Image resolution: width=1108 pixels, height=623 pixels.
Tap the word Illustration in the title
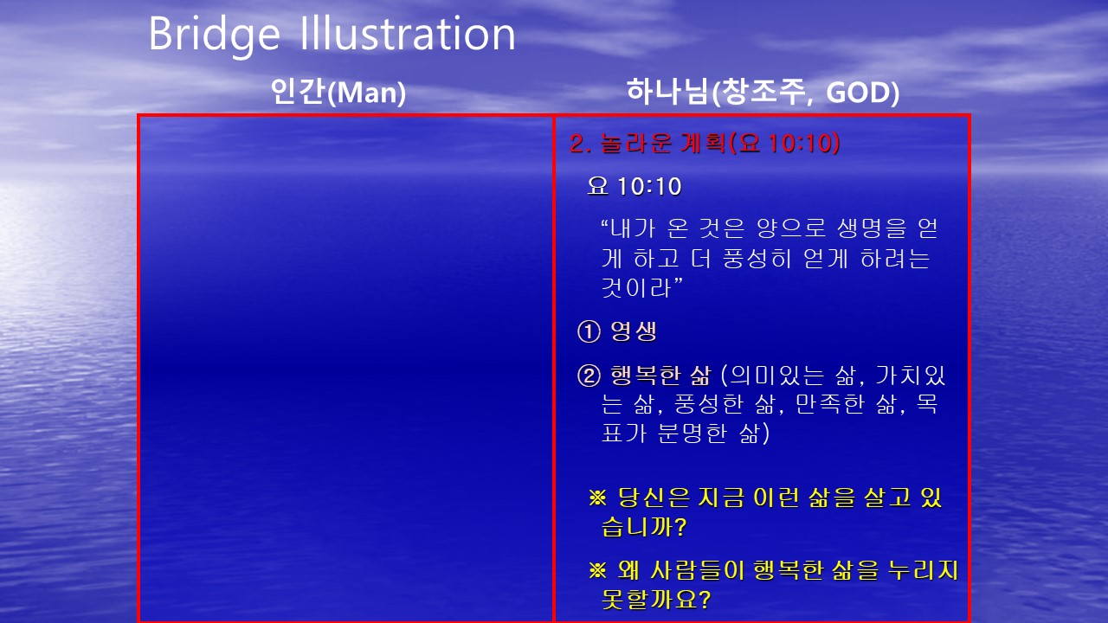pyautogui.click(x=408, y=33)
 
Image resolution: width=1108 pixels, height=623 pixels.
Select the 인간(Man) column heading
pyautogui.click(x=338, y=92)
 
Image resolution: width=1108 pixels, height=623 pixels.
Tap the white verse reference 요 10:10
pyautogui.click(x=635, y=186)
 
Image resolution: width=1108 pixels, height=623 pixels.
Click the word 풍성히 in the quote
pyautogui.click(x=757, y=258)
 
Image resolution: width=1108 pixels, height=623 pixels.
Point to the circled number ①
pyautogui.click(x=589, y=331)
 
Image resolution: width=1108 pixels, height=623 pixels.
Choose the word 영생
pyautogui.click(x=634, y=331)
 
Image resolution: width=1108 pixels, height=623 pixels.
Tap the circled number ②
pyautogui.click(x=589, y=376)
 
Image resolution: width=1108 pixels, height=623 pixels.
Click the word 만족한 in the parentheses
pyautogui.click(x=829, y=404)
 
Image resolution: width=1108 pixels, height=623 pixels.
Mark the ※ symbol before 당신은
pyautogui.click(x=597, y=498)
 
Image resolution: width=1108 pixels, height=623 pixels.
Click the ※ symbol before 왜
pyautogui.click(x=597, y=570)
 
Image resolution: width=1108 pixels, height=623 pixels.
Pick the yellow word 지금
pyautogui.click(x=721, y=498)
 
